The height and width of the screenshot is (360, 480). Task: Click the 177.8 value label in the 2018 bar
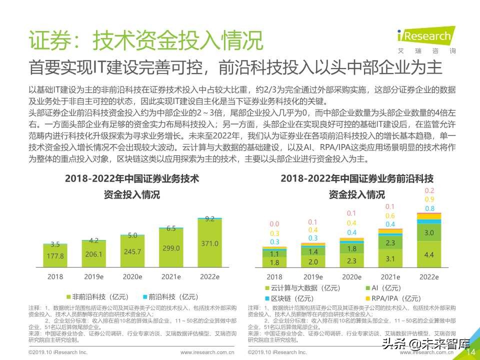tap(55, 256)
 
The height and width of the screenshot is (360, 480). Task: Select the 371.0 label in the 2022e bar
tap(209, 243)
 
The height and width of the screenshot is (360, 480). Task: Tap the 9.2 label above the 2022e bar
tap(209, 218)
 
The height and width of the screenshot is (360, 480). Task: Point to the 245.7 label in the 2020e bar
tap(132, 251)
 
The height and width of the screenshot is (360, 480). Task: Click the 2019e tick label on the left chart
tap(93, 276)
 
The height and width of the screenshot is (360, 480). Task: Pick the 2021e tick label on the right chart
tap(390, 277)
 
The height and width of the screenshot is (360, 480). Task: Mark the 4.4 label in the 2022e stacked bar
tap(429, 254)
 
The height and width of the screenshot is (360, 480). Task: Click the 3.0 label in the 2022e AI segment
tap(429, 232)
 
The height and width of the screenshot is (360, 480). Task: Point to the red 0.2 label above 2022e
tap(429, 190)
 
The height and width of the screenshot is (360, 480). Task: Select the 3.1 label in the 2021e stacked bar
tap(390, 258)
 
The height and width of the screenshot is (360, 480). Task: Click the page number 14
tap(470, 352)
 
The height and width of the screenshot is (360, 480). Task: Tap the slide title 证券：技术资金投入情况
tap(144, 40)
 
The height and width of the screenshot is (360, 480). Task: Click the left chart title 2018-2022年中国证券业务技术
tap(132, 178)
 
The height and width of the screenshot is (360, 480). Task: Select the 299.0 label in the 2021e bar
tap(171, 247)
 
